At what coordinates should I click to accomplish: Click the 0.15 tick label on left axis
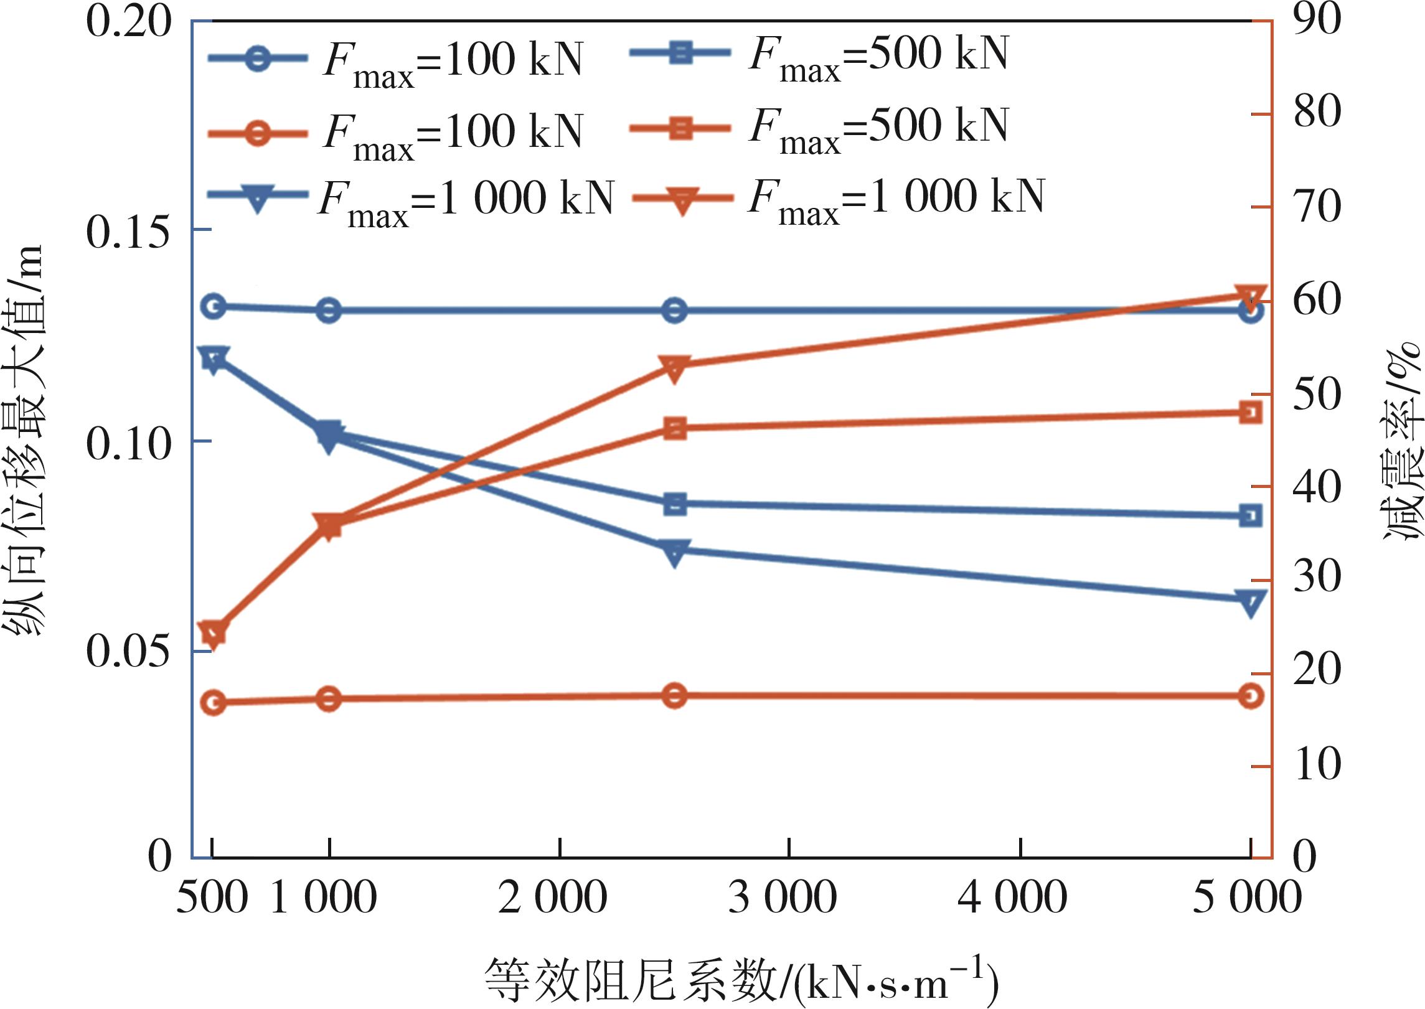[128, 232]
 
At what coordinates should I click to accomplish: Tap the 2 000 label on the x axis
[552, 898]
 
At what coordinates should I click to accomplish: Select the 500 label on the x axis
[212, 898]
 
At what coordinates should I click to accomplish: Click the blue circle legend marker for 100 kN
[257, 60]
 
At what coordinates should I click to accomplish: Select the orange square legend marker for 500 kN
[680, 129]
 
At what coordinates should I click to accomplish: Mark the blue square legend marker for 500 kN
[680, 53]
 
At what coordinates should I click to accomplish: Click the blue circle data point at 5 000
[1251, 311]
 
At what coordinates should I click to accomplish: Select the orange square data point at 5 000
[1251, 413]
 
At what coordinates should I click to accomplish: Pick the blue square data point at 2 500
[675, 504]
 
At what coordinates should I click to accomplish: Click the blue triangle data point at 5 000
[1251, 602]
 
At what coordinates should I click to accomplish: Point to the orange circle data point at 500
[214, 703]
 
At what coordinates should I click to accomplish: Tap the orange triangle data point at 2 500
[675, 367]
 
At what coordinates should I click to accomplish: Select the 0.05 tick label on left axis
[128, 652]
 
